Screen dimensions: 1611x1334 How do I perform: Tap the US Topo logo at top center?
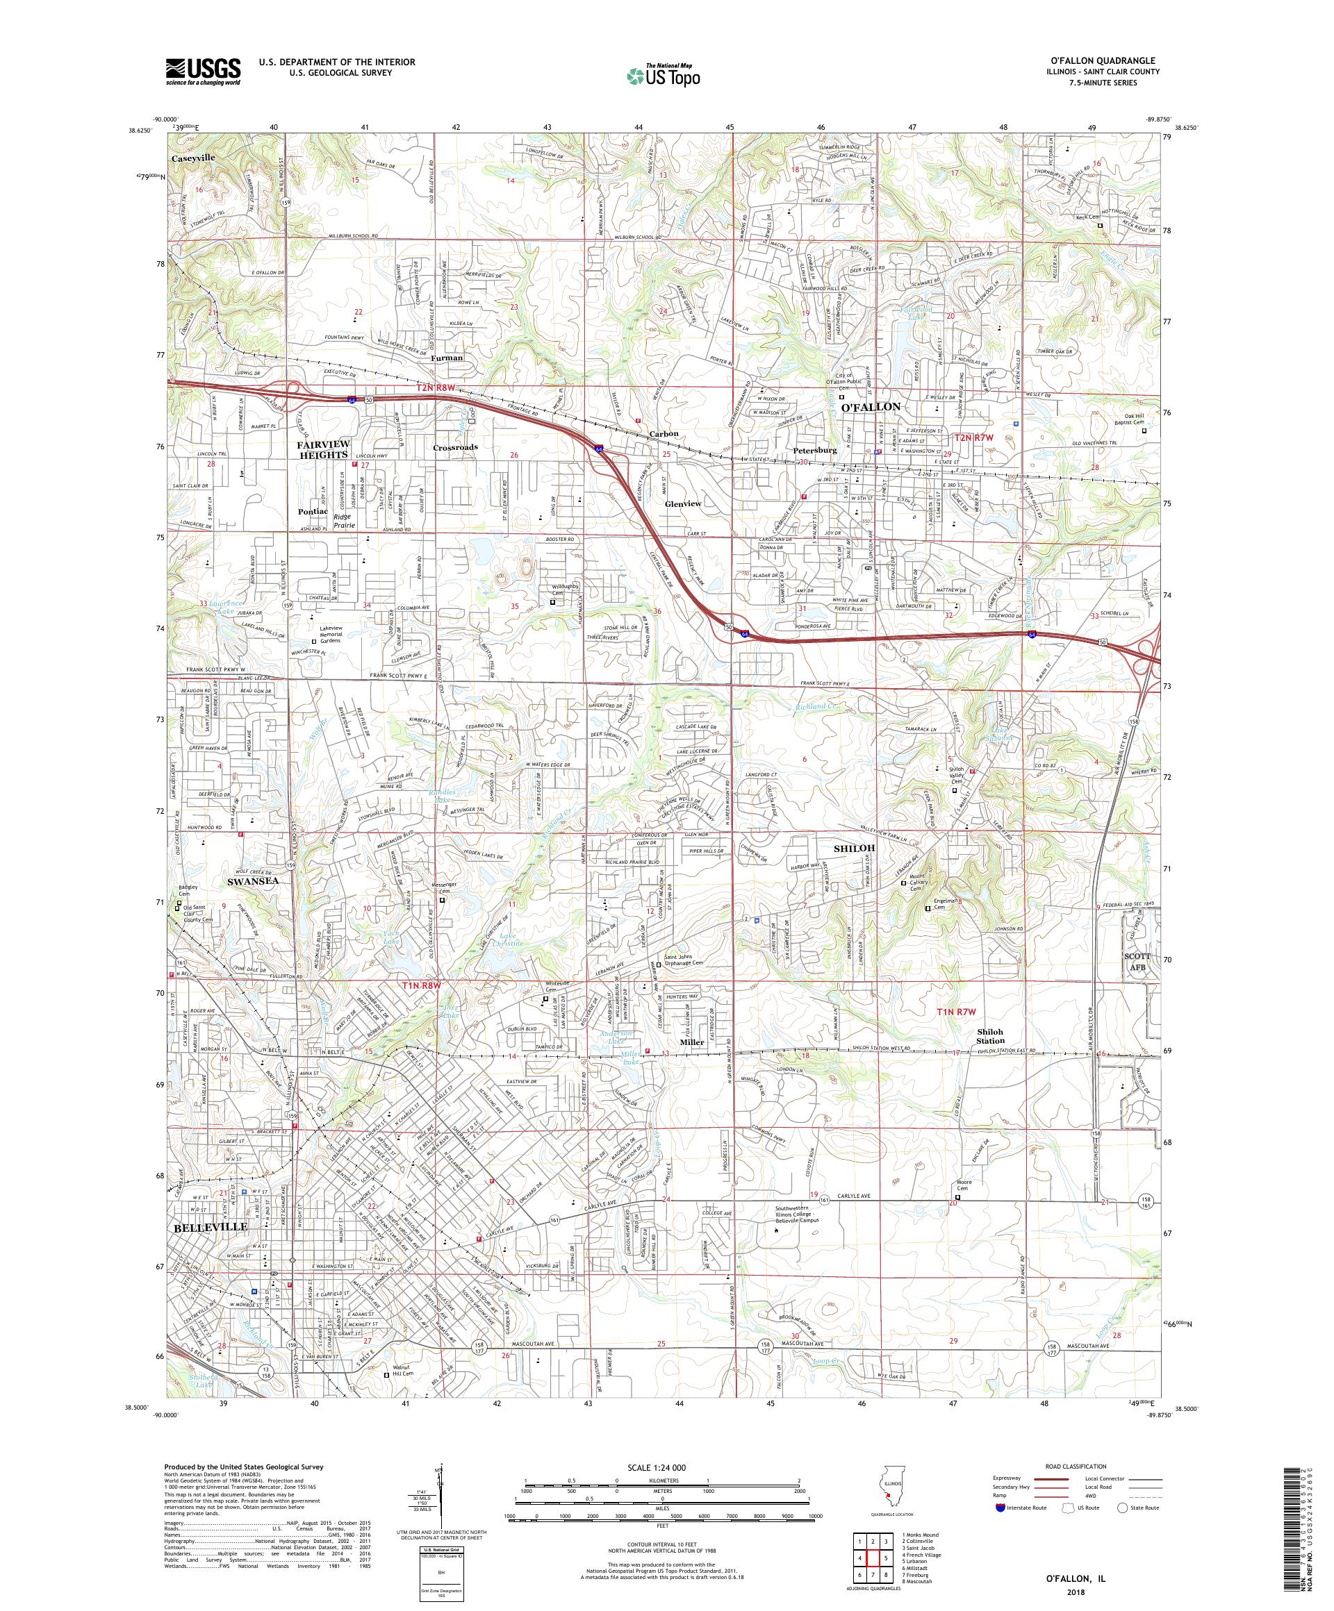tap(665, 74)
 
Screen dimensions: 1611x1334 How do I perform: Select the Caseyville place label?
tap(192, 157)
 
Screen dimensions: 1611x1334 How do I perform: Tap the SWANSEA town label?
tap(252, 881)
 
